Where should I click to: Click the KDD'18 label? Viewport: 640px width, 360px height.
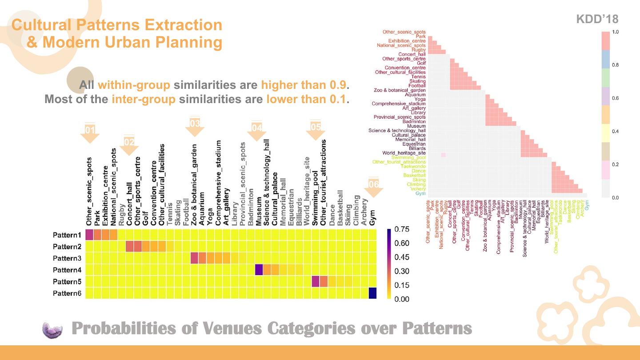click(597, 19)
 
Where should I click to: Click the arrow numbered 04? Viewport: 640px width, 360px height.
click(256, 131)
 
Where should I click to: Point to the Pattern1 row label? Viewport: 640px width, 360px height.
click(67, 235)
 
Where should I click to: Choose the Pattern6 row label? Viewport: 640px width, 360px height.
click(67, 293)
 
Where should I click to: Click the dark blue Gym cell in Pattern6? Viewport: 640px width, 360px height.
click(372, 293)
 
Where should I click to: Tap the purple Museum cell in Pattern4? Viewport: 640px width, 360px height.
click(259, 270)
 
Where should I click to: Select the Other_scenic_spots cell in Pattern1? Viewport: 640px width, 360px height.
click(89, 235)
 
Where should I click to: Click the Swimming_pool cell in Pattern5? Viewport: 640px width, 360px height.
click(316, 281)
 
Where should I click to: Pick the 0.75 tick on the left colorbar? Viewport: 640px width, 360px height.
click(402, 229)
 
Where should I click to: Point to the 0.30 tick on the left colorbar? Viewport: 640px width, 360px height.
click(402, 271)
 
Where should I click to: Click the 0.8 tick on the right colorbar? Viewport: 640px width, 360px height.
click(616, 65)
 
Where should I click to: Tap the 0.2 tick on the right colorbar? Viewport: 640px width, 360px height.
click(616, 164)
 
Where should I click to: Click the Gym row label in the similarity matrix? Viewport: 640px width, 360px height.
click(420, 193)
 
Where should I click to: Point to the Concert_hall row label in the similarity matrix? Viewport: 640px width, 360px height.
click(412, 54)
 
